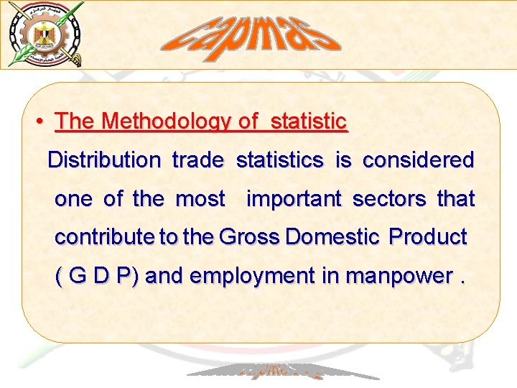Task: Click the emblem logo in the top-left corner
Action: [x=45, y=34]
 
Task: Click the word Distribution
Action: [x=104, y=160]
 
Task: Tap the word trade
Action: [x=198, y=160]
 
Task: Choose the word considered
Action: [x=418, y=160]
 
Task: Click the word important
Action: [x=294, y=199]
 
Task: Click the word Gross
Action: [x=249, y=237]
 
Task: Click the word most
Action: [x=200, y=199]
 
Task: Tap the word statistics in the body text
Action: [x=279, y=160]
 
